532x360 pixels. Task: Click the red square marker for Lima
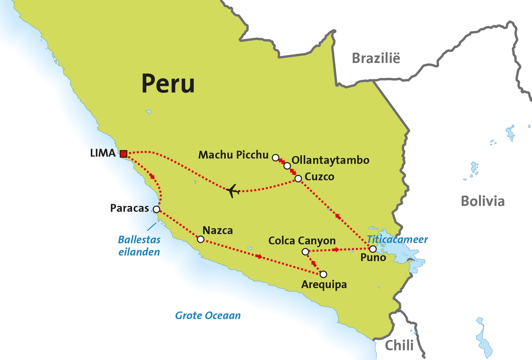(x=124, y=154)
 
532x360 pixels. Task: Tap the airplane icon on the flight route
(x=233, y=191)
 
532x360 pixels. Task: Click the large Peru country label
(x=168, y=83)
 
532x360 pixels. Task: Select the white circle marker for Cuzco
(x=298, y=178)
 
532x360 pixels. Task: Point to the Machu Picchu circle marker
(x=275, y=158)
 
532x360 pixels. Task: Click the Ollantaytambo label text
(x=330, y=160)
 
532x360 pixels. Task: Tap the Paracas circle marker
(x=157, y=209)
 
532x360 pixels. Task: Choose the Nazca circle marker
(x=201, y=239)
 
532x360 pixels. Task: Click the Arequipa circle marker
(x=323, y=274)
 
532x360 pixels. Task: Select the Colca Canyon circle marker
(x=305, y=252)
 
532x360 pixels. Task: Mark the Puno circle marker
(x=373, y=249)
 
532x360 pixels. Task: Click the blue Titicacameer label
(x=397, y=239)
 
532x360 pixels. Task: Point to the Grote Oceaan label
(x=208, y=315)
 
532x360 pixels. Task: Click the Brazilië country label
(x=376, y=58)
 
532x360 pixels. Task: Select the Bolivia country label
(x=482, y=201)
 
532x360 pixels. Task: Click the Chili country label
(x=399, y=346)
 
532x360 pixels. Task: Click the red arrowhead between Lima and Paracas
(x=152, y=176)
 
